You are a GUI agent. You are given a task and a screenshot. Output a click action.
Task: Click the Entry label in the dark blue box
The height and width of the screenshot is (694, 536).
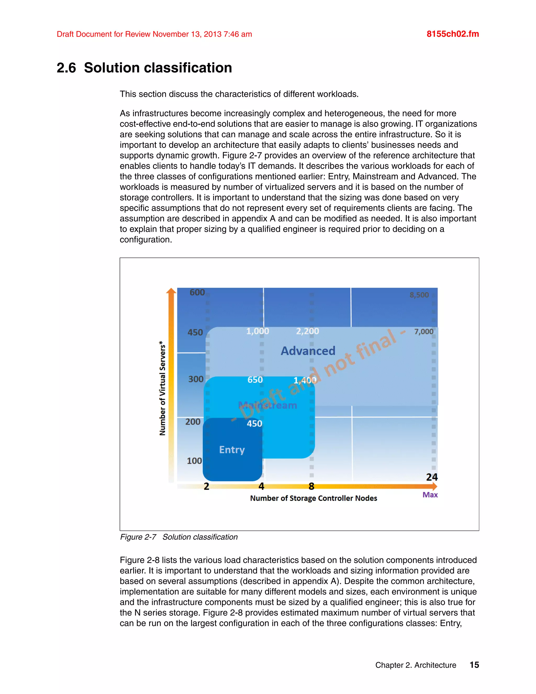pos(232,450)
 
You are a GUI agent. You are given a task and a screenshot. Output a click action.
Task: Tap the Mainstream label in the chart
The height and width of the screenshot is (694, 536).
pos(268,405)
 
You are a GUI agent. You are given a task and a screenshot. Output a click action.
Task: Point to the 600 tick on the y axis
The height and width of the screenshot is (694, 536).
pos(197,292)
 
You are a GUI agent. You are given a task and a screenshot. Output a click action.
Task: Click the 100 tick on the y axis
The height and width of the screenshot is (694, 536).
pos(194,461)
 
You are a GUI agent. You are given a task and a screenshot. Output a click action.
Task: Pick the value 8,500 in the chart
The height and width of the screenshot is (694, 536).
pos(419,295)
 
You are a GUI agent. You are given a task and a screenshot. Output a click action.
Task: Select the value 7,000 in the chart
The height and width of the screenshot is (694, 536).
pos(424,332)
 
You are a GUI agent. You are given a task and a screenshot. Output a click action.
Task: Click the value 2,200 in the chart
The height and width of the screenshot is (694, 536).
pos(307,331)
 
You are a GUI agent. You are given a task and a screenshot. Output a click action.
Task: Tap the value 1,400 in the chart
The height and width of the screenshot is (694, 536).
pos(305,380)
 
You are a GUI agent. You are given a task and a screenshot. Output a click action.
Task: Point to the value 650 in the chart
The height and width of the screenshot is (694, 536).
pos(255,380)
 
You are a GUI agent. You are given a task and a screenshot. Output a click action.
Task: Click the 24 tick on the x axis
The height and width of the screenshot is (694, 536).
pos(432,477)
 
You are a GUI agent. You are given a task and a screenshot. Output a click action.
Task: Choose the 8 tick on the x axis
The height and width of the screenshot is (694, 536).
pos(311,486)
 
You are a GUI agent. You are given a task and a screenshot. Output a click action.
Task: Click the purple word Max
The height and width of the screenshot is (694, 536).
pos(430,495)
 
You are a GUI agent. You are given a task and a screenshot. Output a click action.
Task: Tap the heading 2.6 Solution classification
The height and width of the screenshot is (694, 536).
pos(144,68)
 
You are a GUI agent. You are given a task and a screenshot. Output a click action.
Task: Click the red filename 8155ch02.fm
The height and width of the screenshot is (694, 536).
pos(453,34)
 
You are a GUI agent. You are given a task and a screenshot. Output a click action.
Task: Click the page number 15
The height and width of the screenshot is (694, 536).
pos(474,665)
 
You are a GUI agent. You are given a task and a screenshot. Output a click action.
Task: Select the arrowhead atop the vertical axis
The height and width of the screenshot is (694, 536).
pos(171,290)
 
